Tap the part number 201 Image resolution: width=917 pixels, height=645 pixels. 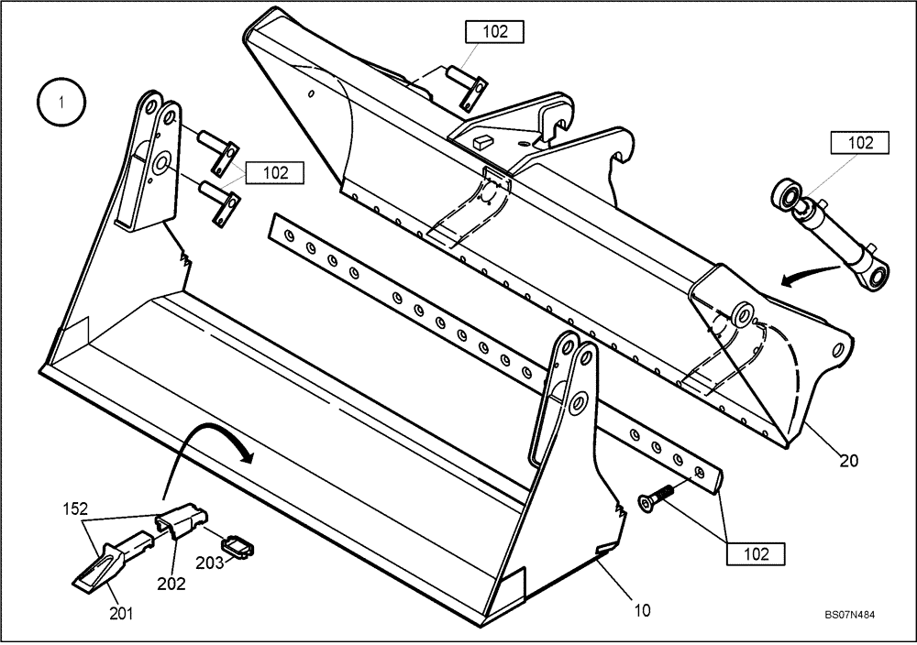[121, 614]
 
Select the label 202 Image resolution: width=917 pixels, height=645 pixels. [171, 583]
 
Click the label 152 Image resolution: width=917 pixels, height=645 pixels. [76, 506]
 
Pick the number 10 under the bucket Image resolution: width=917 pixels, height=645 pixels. [642, 609]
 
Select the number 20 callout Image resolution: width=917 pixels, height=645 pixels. [848, 461]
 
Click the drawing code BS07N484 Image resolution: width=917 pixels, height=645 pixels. [849, 617]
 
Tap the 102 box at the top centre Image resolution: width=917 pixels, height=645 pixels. [494, 31]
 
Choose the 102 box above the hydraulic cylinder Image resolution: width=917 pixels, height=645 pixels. [860, 143]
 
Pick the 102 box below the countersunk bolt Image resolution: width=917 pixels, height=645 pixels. [756, 553]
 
